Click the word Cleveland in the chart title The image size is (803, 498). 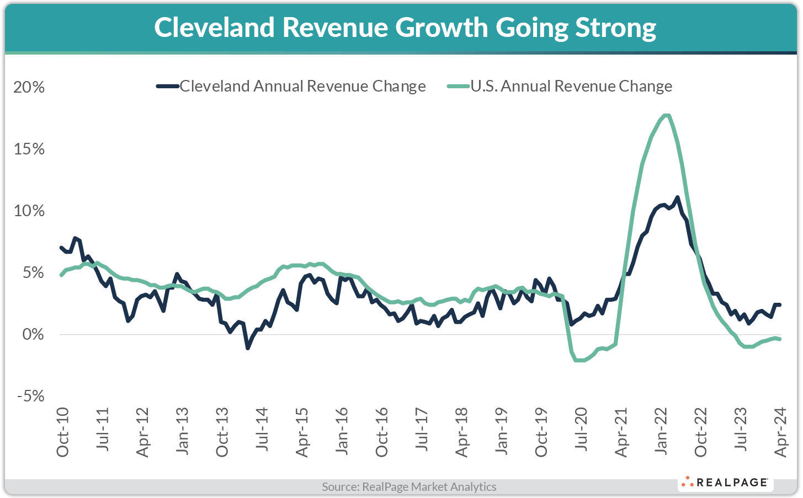click(214, 28)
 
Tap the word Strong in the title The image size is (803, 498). click(615, 28)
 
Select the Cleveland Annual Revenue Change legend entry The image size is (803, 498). click(291, 87)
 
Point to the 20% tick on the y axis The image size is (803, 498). click(29, 88)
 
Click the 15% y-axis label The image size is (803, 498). click(29, 149)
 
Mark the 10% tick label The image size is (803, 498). click(29, 211)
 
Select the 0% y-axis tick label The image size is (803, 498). click(33, 335)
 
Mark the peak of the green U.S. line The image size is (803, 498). click(666, 115)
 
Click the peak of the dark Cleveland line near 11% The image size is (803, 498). click(677, 197)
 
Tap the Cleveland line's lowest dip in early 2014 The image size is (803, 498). click(248, 348)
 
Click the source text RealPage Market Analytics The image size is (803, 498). click(409, 487)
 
